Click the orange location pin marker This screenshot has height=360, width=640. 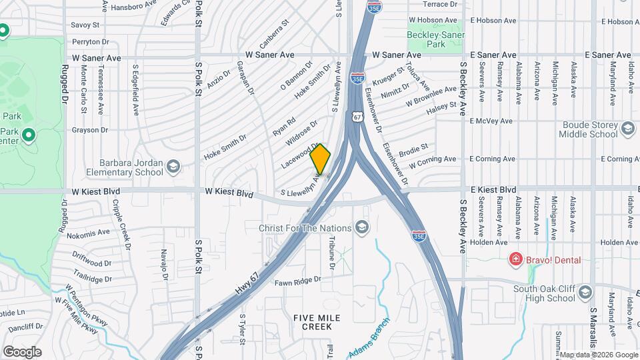[x=321, y=159]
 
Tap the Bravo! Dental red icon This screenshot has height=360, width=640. [x=515, y=259]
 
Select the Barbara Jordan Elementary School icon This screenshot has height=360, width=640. [x=173, y=167]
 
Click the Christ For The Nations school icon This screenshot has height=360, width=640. [x=362, y=229]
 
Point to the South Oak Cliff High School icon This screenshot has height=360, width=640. [x=585, y=293]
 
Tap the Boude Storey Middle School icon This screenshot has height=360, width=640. [x=627, y=129]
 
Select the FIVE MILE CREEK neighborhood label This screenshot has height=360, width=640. [x=312, y=322]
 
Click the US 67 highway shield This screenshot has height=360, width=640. [x=358, y=117]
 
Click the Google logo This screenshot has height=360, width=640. [x=22, y=351]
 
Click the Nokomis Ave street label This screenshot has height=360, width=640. [x=88, y=233]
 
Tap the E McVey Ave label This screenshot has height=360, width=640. [x=491, y=121]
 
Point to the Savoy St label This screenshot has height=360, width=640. [x=85, y=25]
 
